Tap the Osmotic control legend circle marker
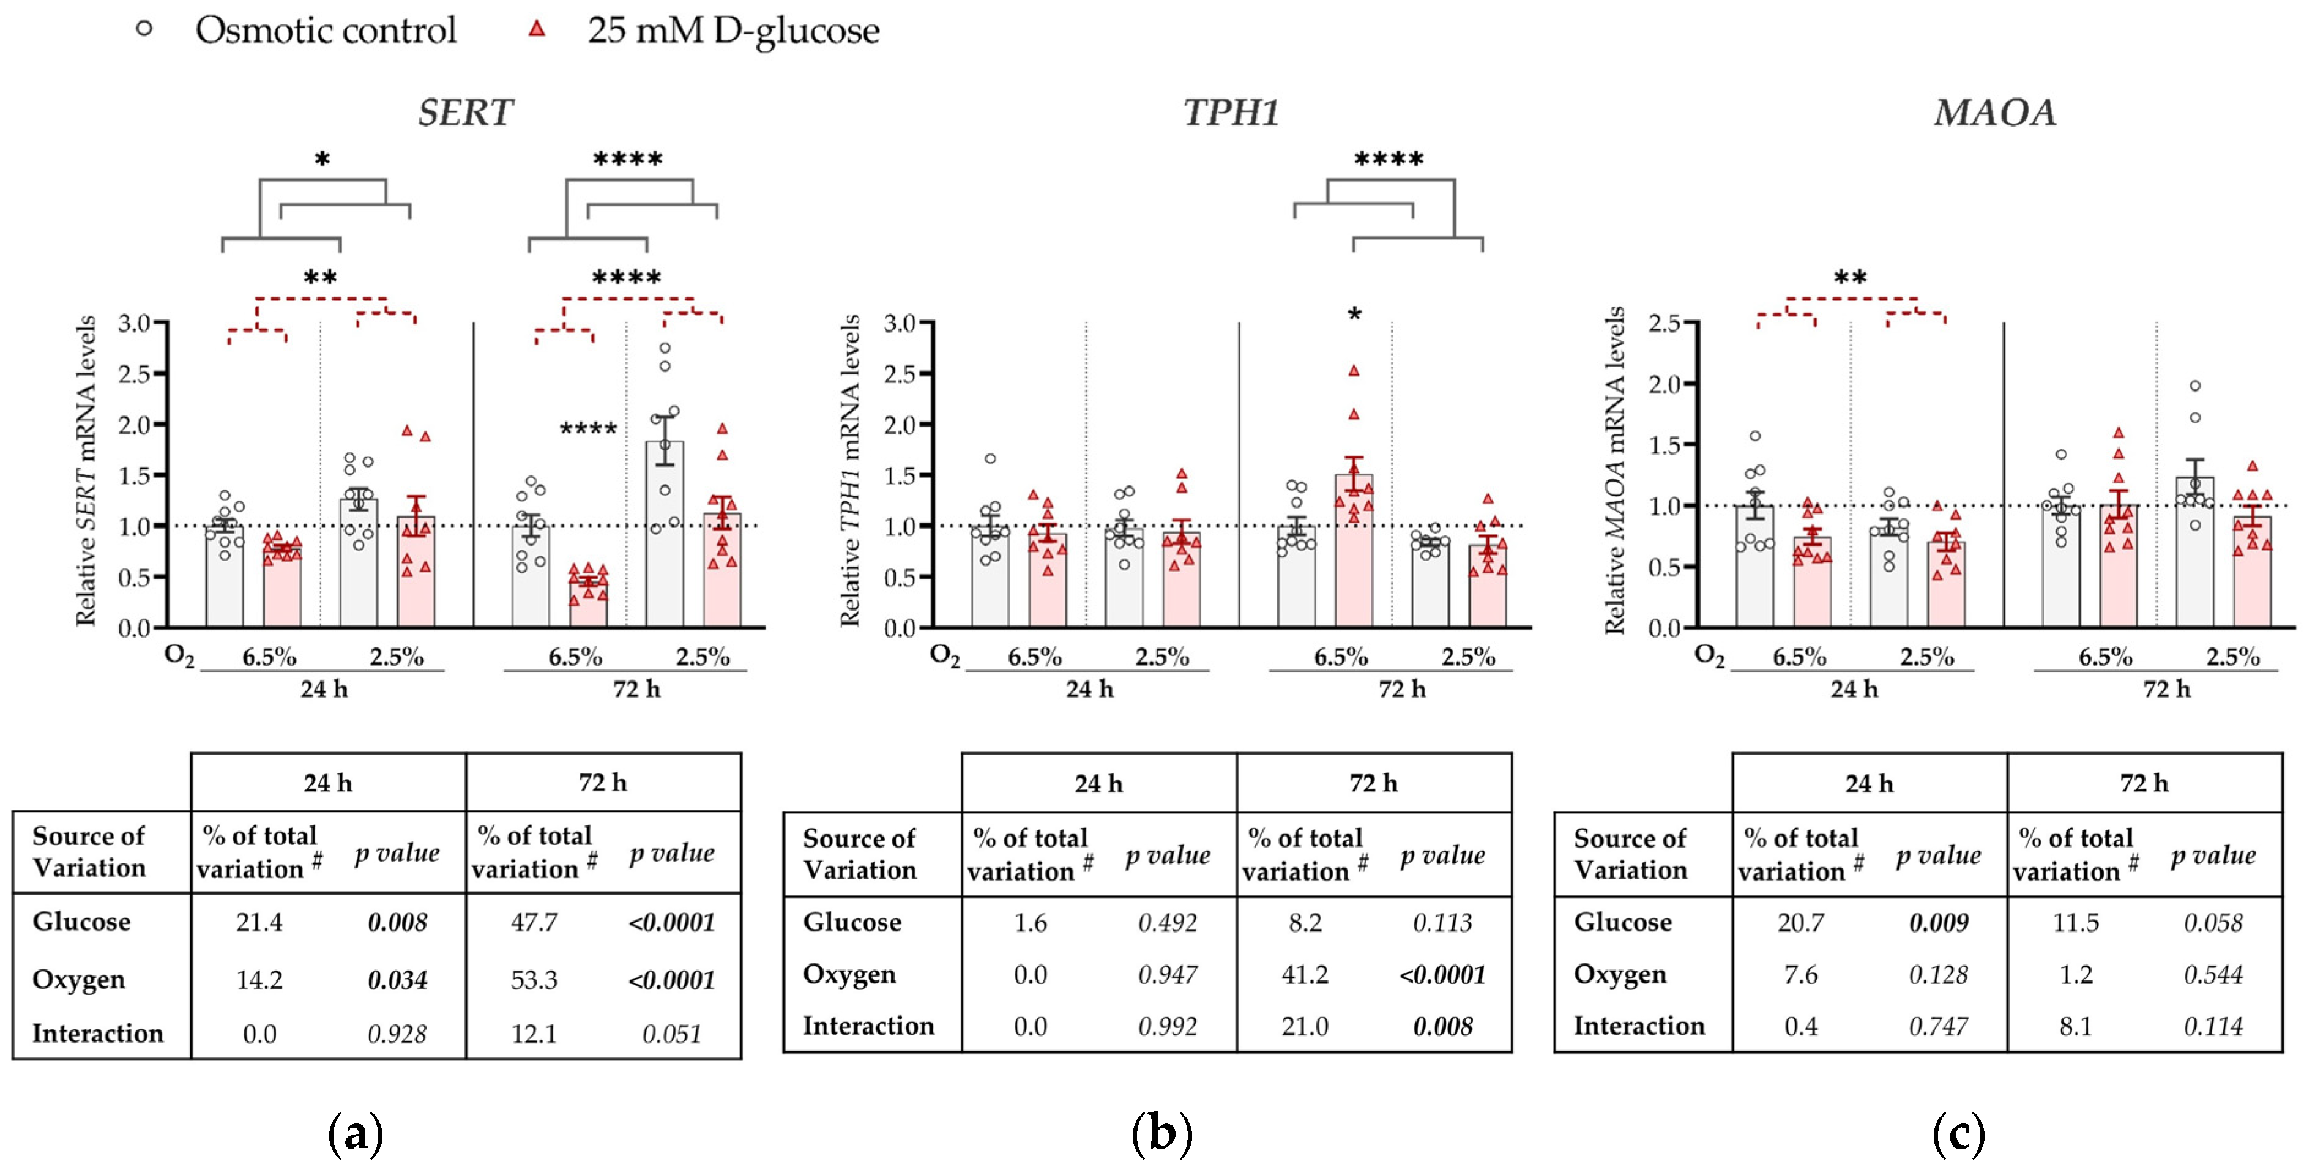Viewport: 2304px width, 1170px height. (144, 29)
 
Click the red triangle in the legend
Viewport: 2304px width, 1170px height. (537, 29)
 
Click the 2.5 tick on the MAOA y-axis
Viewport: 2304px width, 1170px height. (1665, 323)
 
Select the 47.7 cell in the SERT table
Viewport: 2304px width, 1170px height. (534, 922)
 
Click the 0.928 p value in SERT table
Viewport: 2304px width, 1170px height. (397, 1034)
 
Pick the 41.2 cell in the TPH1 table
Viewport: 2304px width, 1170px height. (1305, 974)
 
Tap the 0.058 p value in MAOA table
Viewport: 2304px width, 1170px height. (2213, 922)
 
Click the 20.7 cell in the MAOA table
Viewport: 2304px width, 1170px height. (1800, 922)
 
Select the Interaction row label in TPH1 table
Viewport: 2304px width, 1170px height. (868, 1026)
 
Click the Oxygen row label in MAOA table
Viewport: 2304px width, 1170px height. (1620, 974)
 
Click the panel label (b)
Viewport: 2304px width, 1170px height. (1161, 1135)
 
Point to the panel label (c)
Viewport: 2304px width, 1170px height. (1959, 1135)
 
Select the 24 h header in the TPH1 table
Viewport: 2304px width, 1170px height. (1098, 784)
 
